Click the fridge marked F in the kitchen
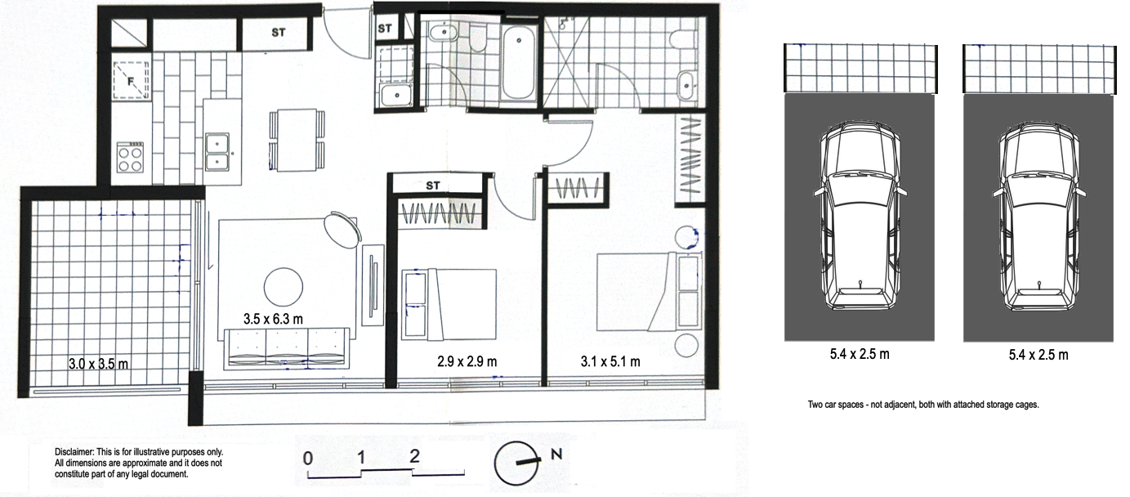[131, 80]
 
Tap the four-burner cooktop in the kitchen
[130, 157]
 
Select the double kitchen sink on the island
[217, 151]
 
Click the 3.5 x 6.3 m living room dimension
[273, 319]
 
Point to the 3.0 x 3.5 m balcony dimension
[98, 364]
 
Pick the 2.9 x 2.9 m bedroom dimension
[467, 361]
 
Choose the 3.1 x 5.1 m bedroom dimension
[610, 361]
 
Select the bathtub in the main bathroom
[518, 62]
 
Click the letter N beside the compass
[556, 454]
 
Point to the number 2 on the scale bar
[414, 456]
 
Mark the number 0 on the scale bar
[308, 458]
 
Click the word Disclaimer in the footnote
[74, 452]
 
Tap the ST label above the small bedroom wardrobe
[433, 186]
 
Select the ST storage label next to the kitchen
[279, 33]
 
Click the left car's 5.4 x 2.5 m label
[860, 354]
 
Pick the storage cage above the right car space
[1039, 69]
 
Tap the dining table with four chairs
[297, 140]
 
